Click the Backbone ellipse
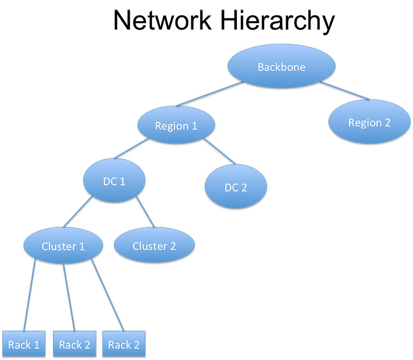[282, 67]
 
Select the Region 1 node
[176, 125]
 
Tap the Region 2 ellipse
[369, 122]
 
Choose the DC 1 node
[114, 181]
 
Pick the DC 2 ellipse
[236, 187]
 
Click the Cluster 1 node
[63, 246]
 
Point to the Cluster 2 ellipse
[154, 246]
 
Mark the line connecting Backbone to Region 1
[209, 94]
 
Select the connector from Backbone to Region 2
[345, 92]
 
